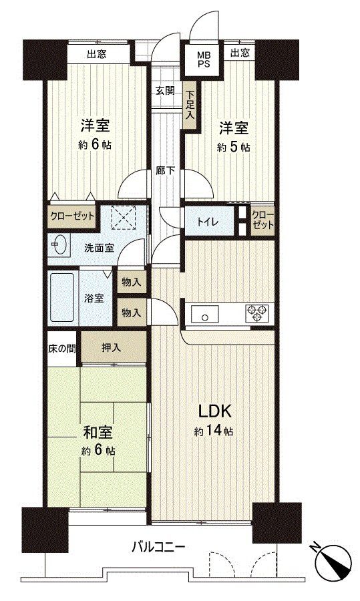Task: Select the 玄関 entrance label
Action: (x=166, y=91)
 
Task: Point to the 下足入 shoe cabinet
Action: (x=190, y=105)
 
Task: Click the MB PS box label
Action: (x=202, y=58)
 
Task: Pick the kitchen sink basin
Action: (x=204, y=313)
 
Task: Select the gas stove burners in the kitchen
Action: (x=257, y=312)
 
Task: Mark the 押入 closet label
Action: (x=111, y=347)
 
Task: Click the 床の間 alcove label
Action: (x=61, y=348)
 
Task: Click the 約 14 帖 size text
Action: (x=213, y=431)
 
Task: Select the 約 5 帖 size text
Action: (x=231, y=146)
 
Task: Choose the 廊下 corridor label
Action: (x=166, y=171)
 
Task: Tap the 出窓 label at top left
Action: (x=96, y=54)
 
